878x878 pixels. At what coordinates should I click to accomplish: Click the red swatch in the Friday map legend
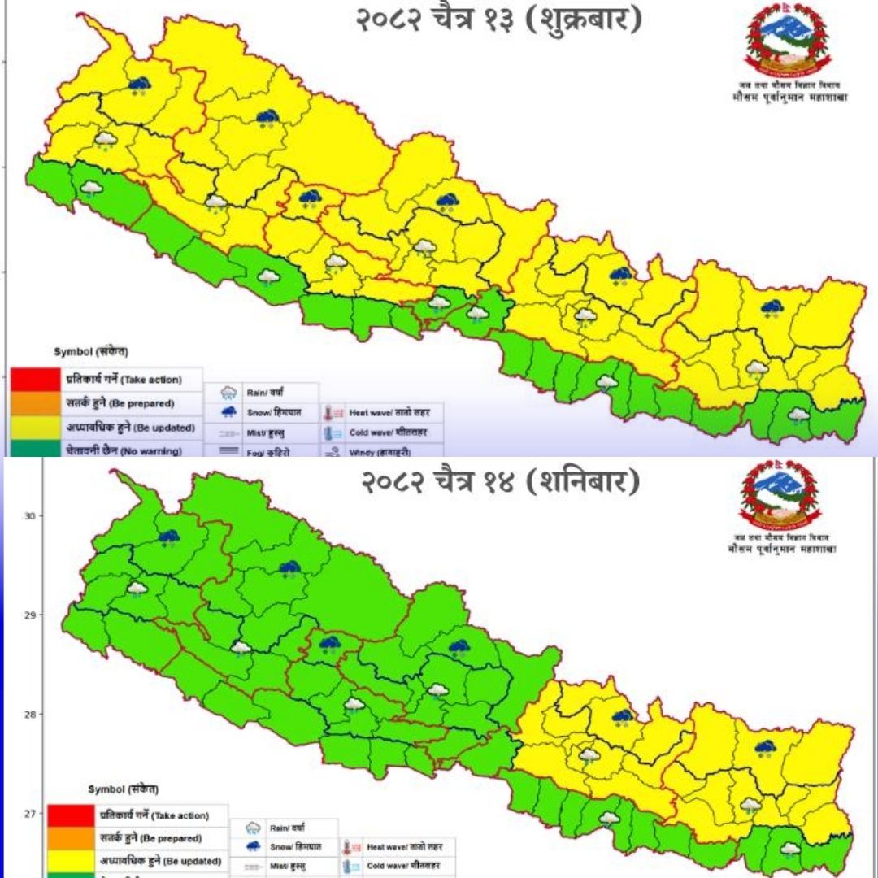[35, 379]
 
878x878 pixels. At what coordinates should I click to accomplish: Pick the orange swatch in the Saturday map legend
[71, 837]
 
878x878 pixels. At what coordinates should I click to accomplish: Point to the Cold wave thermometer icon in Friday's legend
[334, 432]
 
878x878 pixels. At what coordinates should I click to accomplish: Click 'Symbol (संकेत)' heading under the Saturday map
[123, 789]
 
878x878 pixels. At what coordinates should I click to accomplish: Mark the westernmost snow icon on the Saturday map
[169, 537]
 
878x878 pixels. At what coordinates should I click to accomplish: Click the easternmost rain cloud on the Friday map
[798, 415]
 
